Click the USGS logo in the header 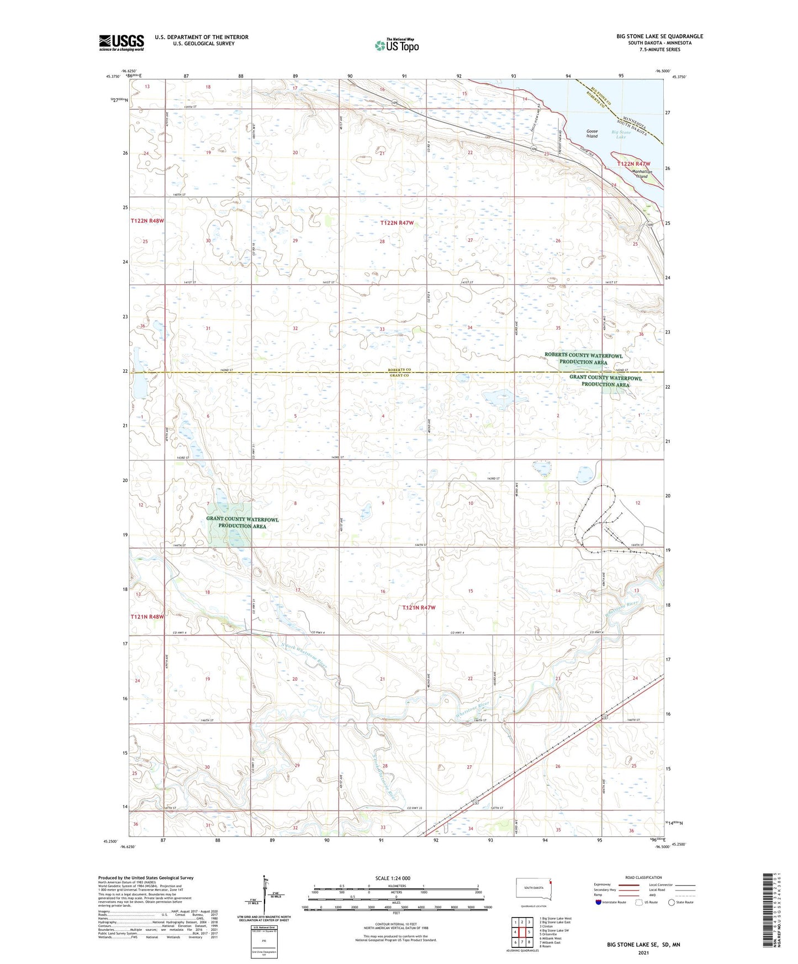click(x=121, y=42)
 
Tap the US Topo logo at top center click(x=397, y=45)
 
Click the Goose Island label click(x=591, y=134)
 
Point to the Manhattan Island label click(x=642, y=174)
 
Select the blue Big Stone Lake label click(x=621, y=134)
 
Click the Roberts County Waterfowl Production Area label click(x=583, y=359)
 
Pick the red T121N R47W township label click(x=419, y=607)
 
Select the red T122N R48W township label click(x=147, y=221)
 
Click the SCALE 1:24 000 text click(x=393, y=878)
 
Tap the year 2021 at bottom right click(x=643, y=952)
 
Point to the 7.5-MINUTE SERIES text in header click(x=659, y=50)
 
